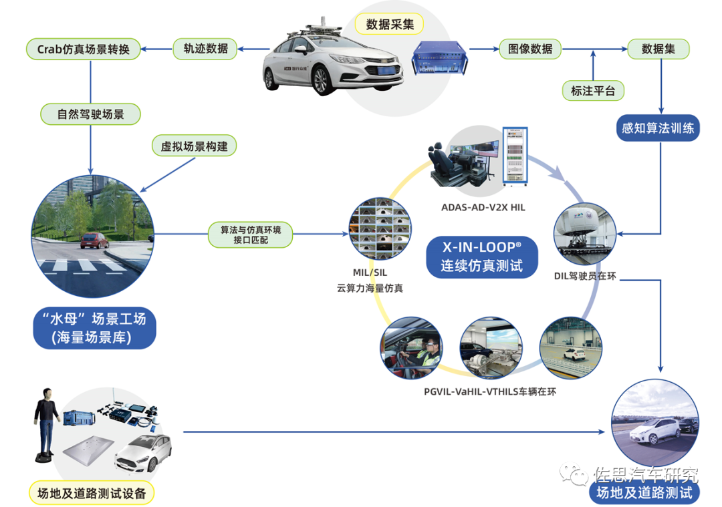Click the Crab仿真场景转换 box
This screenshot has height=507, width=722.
click(x=83, y=48)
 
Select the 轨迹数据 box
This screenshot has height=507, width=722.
click(x=205, y=48)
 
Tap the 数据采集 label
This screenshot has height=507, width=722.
click(x=389, y=25)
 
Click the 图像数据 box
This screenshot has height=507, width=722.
click(x=530, y=48)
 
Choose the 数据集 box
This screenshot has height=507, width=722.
click(x=657, y=48)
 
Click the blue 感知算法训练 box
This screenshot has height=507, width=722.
click(x=657, y=128)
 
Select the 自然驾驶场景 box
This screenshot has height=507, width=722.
click(x=90, y=114)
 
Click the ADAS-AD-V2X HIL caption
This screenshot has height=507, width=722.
click(x=483, y=208)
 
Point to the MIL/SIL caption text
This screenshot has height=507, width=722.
click(x=370, y=273)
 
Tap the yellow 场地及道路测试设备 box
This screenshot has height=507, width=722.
click(x=92, y=494)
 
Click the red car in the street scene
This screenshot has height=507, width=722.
click(x=94, y=241)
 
